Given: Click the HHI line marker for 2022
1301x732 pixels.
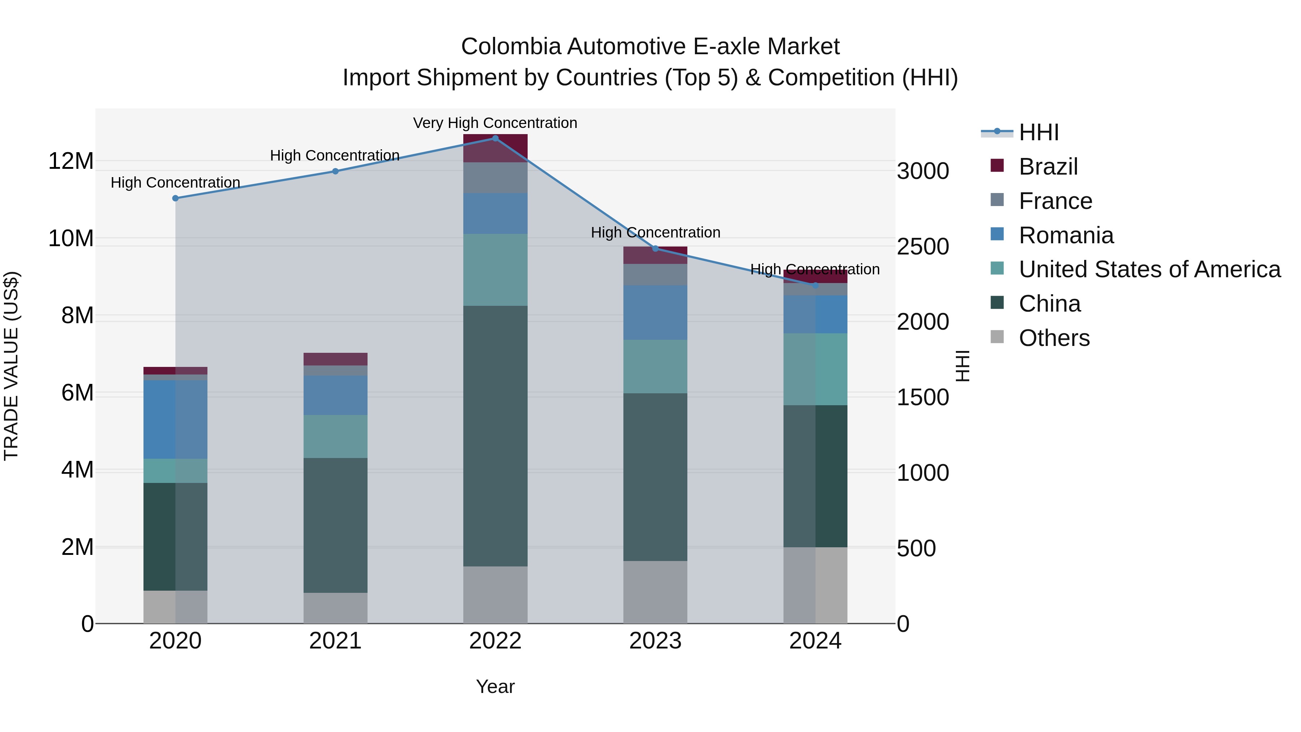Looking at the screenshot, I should (x=495, y=138).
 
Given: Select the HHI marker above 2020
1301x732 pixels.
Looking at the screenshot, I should (x=175, y=198).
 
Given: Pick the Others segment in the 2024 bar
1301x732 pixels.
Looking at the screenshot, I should (x=815, y=585).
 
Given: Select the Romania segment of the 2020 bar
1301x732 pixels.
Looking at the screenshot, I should (x=175, y=419).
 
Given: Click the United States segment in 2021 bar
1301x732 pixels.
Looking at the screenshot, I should (x=335, y=436).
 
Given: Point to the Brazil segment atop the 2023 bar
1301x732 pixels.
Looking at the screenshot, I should (x=656, y=255).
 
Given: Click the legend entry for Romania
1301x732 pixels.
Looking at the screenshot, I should (x=1066, y=235).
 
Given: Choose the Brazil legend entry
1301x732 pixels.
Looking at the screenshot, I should (x=1048, y=167).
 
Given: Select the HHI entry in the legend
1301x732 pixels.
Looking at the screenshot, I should (x=1038, y=132).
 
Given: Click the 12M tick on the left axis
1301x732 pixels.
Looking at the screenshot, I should (x=71, y=161).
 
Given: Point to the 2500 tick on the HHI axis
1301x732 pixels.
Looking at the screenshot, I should (x=923, y=247).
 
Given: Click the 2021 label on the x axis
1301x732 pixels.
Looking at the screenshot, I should (x=335, y=641).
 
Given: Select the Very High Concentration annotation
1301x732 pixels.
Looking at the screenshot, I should (x=495, y=123).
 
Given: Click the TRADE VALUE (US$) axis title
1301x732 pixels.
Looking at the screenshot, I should (x=11, y=366).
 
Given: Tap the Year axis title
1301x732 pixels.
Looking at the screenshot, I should (x=495, y=686).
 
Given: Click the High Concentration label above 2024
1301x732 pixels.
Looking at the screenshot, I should (x=815, y=269).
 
